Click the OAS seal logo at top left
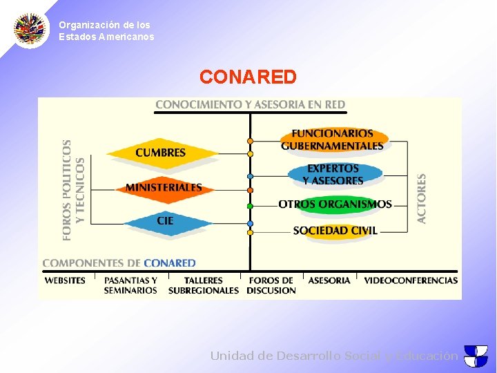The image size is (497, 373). (31, 29)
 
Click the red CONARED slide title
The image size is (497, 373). (248, 77)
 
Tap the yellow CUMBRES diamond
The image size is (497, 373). (161, 153)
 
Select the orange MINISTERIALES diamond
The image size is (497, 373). (164, 187)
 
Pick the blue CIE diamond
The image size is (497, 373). (166, 221)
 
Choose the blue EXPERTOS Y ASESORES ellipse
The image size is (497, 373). (333, 174)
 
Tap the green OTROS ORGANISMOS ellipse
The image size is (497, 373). (335, 204)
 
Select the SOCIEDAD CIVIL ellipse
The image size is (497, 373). (335, 231)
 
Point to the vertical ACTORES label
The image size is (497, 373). (422, 198)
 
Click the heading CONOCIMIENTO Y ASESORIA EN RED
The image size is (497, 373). (250, 105)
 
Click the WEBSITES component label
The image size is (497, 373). (65, 280)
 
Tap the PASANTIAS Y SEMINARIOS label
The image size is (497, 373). (130, 285)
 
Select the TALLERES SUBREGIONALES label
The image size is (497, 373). (204, 285)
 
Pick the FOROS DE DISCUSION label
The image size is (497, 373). (271, 285)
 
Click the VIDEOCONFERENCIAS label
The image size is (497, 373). (411, 280)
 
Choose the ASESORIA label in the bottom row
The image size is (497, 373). (329, 280)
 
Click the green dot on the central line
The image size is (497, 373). (250, 206)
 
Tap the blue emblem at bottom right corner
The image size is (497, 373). (476, 356)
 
